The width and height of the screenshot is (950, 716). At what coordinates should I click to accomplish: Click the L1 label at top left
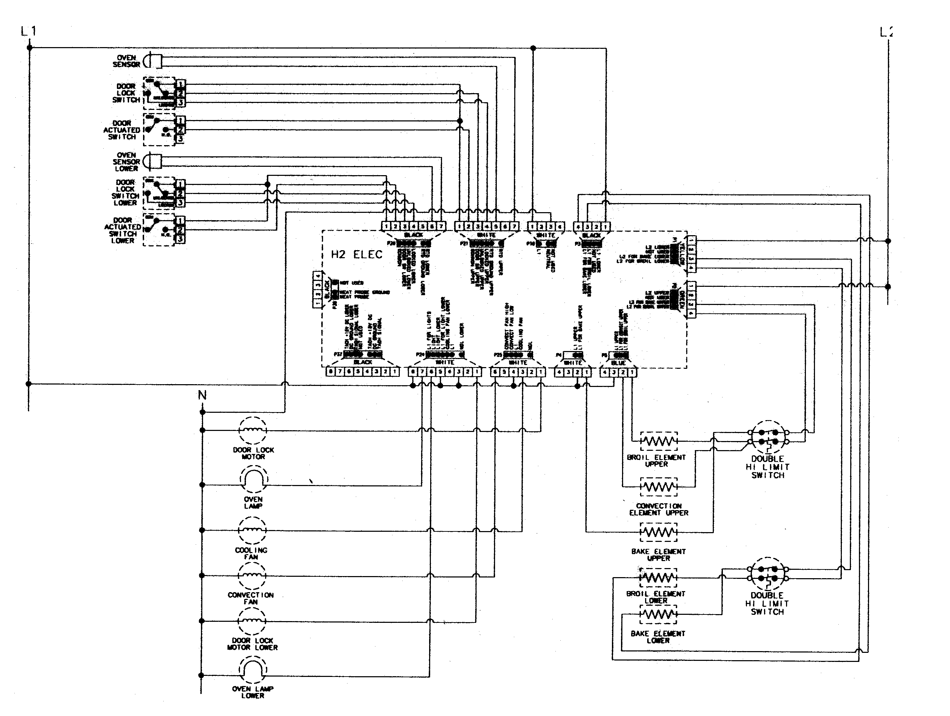tap(28, 31)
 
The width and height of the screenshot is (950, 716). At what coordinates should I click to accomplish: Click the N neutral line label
tap(202, 395)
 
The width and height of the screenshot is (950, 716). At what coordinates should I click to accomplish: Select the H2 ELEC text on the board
tap(357, 255)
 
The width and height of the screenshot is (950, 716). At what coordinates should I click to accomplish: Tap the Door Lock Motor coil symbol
tap(253, 430)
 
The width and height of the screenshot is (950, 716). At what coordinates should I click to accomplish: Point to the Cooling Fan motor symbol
tap(252, 530)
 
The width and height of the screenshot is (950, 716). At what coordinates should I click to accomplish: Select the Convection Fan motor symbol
tap(252, 575)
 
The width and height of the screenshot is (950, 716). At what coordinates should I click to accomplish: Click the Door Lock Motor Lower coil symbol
tap(252, 621)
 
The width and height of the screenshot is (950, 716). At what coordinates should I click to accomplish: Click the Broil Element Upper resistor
tap(659, 441)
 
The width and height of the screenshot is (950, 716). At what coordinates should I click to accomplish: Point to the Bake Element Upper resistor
tap(659, 532)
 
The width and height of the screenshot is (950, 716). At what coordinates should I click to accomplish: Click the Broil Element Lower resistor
tap(658, 578)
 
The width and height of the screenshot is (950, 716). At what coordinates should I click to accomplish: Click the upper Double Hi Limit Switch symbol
tap(768, 437)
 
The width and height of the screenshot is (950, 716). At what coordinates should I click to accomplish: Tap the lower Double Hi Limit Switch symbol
tap(768, 574)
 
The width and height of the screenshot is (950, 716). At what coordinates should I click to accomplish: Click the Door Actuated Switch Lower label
tap(123, 230)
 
